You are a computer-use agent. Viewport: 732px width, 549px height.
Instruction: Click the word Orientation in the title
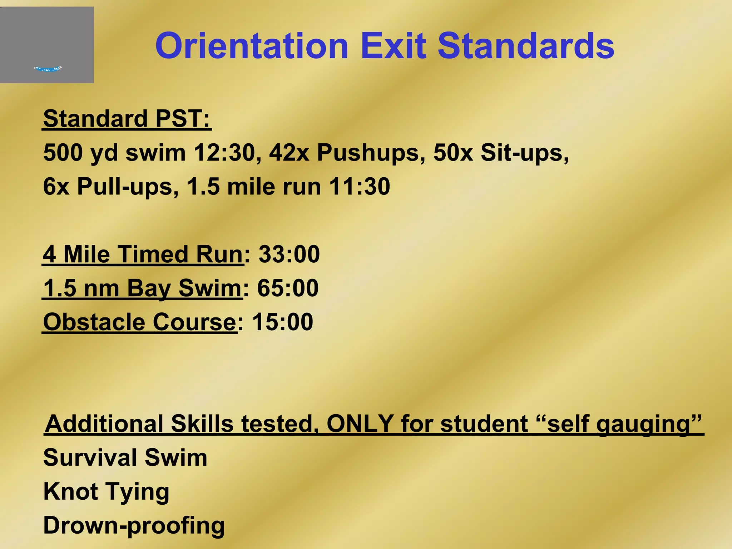[252, 46]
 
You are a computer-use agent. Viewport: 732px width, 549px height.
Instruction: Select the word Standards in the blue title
[526, 46]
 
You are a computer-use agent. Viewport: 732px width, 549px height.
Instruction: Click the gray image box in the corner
[47, 45]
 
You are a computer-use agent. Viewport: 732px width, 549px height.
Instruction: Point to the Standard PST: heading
[127, 119]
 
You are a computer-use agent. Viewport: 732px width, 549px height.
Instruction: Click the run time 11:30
[359, 187]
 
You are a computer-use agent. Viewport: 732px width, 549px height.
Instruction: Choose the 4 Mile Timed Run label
[143, 254]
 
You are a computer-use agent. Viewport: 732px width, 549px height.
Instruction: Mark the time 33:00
[289, 254]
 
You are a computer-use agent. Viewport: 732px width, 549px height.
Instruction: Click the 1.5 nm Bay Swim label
[142, 288]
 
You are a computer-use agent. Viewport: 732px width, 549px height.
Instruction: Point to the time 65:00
[287, 288]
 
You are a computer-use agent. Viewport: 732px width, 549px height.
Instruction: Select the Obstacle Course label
[139, 322]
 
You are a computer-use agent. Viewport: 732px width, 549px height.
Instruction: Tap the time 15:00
[282, 322]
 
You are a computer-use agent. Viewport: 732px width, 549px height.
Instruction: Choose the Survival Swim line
[125, 457]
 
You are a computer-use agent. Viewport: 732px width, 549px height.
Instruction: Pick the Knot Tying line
[106, 492]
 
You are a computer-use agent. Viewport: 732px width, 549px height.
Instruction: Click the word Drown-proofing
[134, 526]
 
